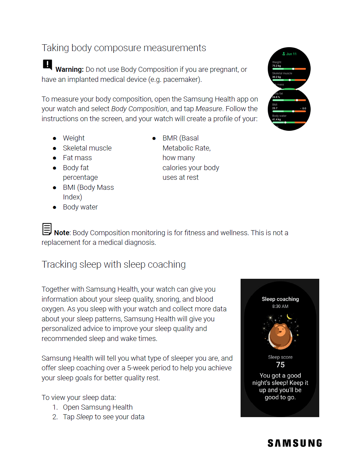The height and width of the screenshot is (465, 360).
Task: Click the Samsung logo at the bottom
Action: click(295, 443)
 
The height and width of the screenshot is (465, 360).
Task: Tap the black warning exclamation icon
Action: click(47, 64)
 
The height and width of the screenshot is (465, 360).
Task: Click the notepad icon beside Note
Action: click(47, 229)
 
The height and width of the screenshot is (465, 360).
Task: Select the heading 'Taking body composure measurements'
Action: click(124, 48)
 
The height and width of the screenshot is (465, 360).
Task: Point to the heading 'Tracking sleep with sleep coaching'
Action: click(113, 264)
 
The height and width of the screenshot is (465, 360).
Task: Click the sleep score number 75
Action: click(280, 365)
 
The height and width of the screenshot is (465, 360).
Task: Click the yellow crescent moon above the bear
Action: click(290, 317)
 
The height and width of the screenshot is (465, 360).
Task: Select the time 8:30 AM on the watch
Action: click(280, 306)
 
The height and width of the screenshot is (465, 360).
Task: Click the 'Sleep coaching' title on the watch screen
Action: click(280, 299)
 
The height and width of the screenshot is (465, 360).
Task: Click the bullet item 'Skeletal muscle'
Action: click(87, 148)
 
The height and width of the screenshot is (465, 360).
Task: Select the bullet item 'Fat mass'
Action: click(77, 158)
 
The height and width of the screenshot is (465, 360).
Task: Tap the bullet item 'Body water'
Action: click(80, 207)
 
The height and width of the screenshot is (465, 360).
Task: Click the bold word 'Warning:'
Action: click(69, 70)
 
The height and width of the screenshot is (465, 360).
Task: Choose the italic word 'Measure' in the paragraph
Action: click(209, 109)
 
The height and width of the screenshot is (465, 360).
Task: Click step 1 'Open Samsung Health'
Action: click(98, 407)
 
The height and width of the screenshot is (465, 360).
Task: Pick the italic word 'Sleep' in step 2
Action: click(84, 417)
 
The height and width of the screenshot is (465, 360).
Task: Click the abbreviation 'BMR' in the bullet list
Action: click(170, 138)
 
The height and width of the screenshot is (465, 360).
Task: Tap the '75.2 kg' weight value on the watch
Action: click(276, 66)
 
